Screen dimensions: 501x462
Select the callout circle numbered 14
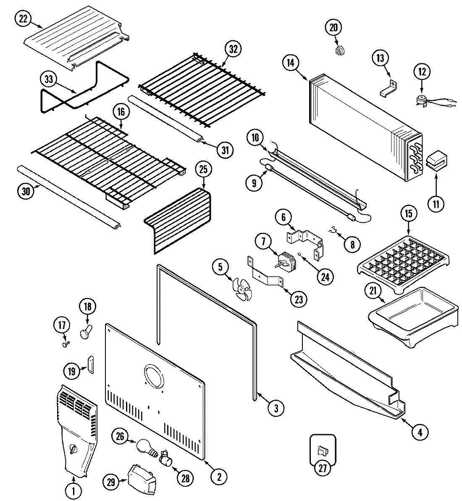pos(291,63)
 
